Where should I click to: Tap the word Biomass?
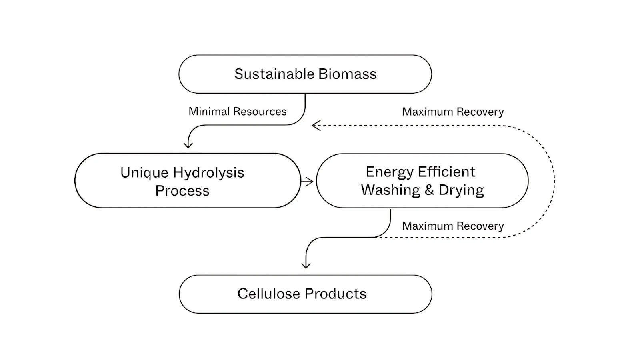(x=347, y=74)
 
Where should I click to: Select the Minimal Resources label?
(x=237, y=112)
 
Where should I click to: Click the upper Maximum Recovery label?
(x=453, y=112)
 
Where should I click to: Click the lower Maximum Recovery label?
(x=453, y=226)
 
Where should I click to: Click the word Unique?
(x=144, y=172)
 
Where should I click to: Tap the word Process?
(x=182, y=191)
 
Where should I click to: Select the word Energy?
(x=390, y=172)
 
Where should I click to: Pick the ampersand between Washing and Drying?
(x=429, y=190)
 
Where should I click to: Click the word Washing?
(x=390, y=190)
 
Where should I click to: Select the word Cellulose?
(x=268, y=294)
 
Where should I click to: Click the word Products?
(x=335, y=294)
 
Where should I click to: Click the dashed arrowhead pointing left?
(x=316, y=126)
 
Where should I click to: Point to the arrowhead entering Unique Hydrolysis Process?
(x=188, y=145)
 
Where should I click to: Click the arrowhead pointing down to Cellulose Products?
(x=306, y=265)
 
